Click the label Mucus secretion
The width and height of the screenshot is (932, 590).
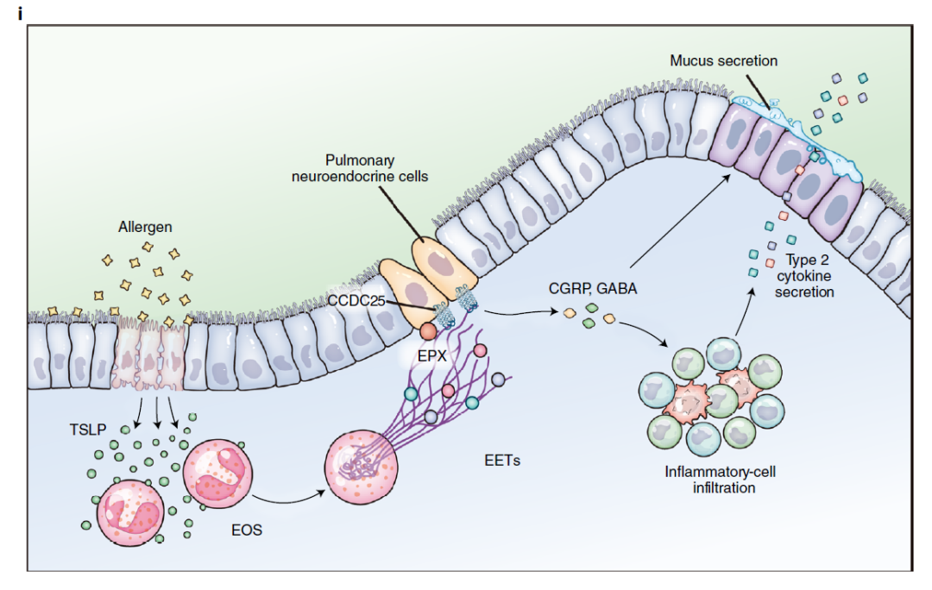[x=724, y=60]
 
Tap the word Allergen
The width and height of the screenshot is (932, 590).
[x=145, y=228]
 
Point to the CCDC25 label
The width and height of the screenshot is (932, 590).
[x=356, y=300]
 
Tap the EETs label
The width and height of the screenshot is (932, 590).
[x=502, y=461]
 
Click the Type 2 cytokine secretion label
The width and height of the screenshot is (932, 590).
[x=809, y=277]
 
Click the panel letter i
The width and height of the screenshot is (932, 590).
[x=20, y=13]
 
